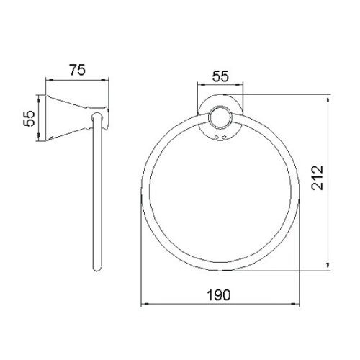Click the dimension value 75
[x=78, y=70]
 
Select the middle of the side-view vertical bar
[x=97, y=194]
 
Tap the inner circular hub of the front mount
[x=219, y=119]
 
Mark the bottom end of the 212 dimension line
[x=330, y=272]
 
